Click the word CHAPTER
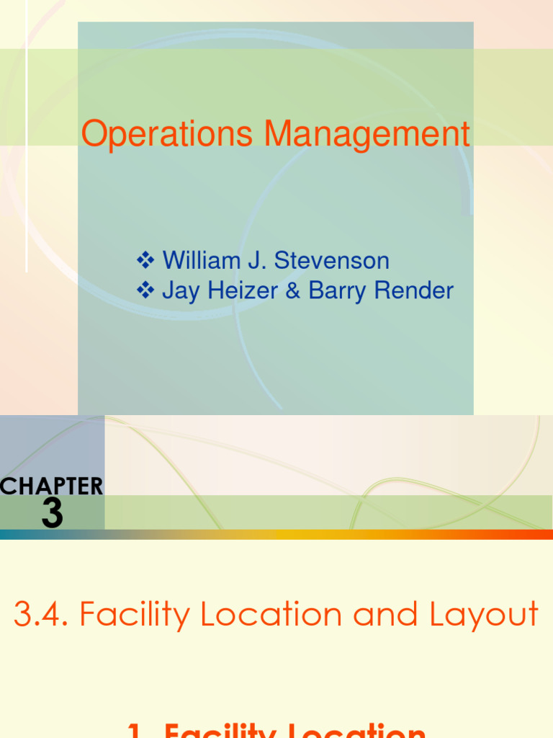coord(52,486)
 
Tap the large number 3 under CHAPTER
coord(52,514)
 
